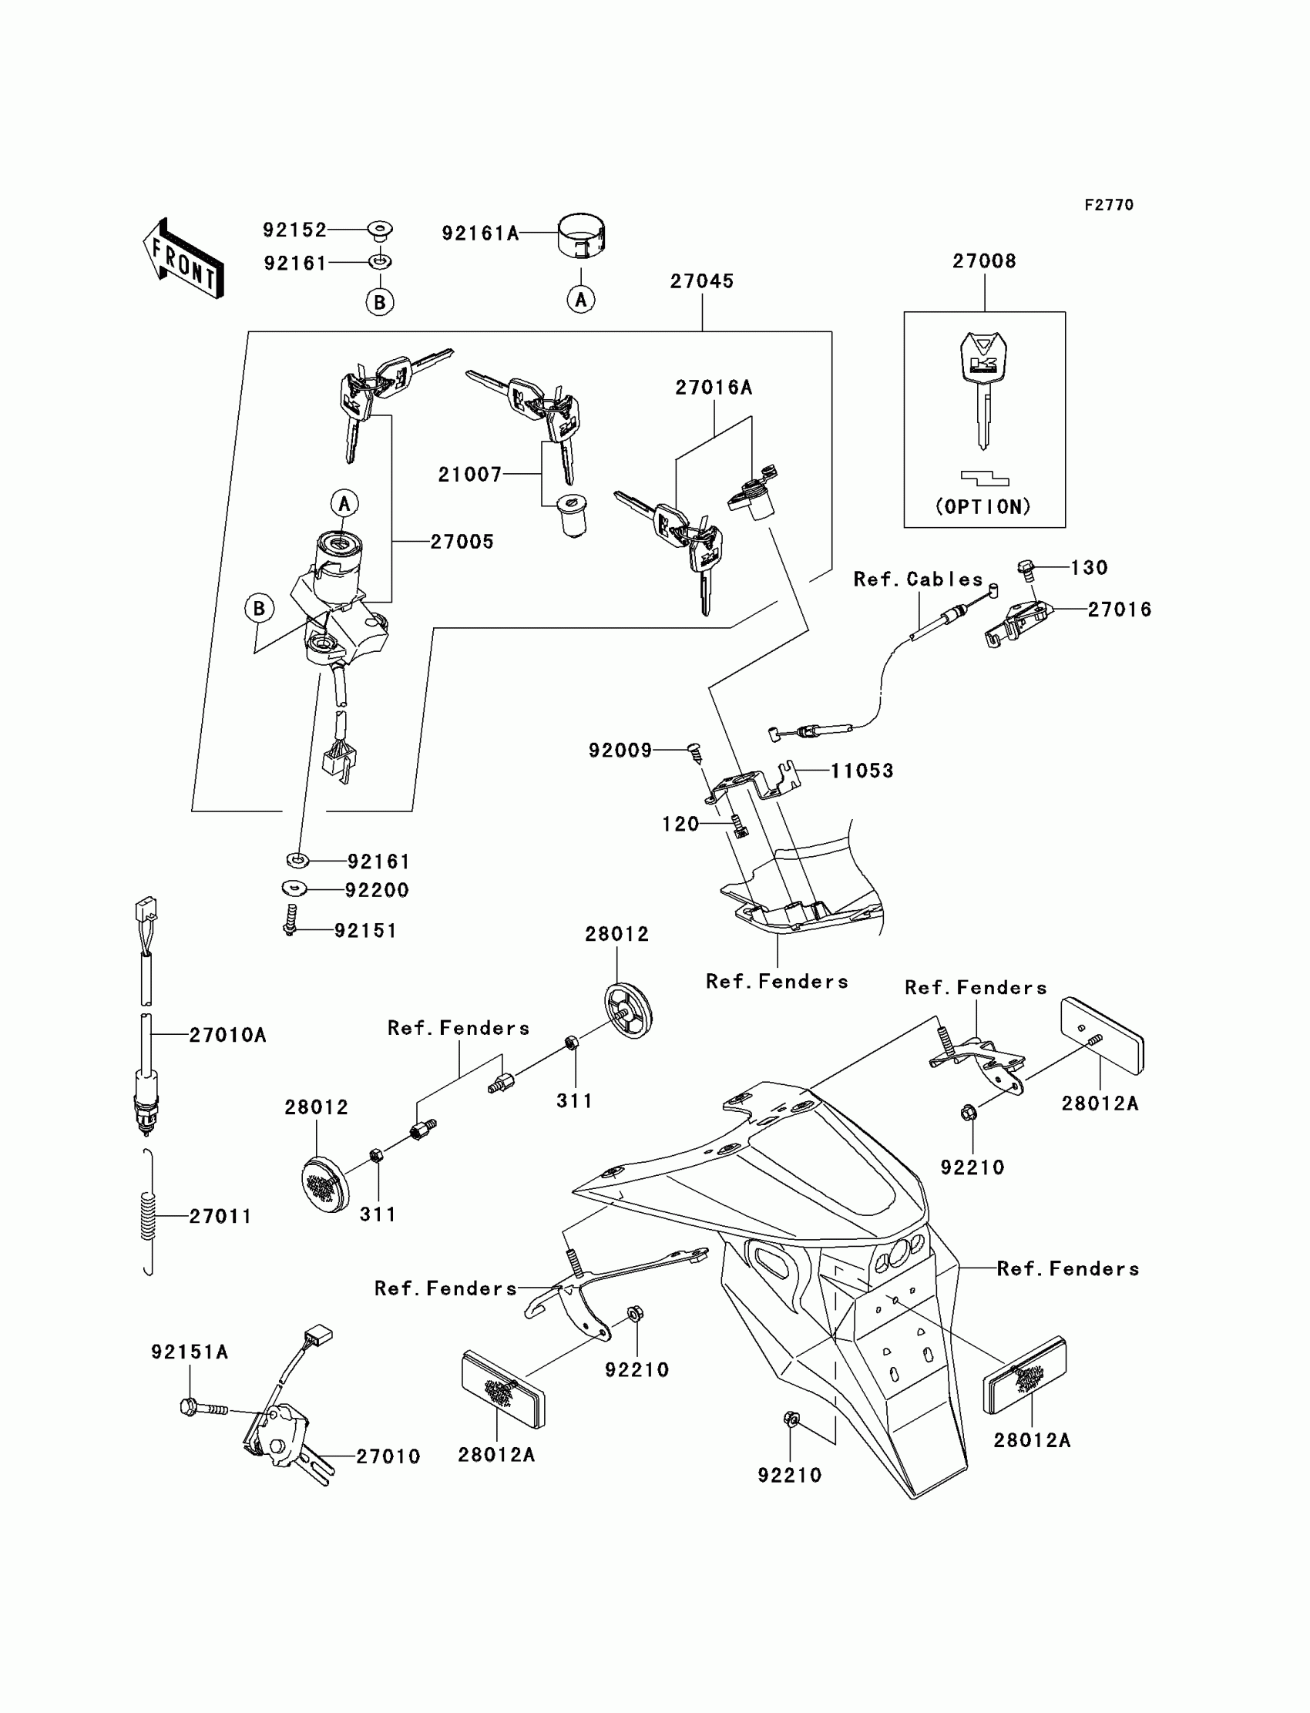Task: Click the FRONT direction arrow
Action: point(184,260)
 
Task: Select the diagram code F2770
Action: point(1109,205)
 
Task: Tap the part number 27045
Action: point(702,281)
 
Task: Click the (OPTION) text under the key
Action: point(983,507)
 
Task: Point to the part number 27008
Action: point(984,261)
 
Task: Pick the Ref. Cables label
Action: point(918,579)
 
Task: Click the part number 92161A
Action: point(480,233)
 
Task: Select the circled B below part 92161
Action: point(380,302)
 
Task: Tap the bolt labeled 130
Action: point(1026,569)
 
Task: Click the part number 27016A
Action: point(714,388)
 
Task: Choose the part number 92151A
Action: point(190,1352)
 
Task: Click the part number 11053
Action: point(862,771)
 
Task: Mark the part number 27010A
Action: point(227,1036)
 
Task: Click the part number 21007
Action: point(469,474)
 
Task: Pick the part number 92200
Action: point(377,890)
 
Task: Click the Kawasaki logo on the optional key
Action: point(984,364)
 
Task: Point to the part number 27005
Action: point(462,542)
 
